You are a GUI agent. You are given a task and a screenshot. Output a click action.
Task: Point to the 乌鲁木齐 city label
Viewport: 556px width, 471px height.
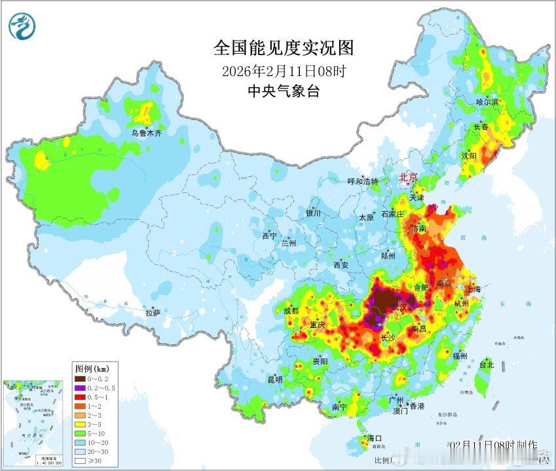145,133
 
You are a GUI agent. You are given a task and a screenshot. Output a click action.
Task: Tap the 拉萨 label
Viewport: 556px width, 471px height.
153,314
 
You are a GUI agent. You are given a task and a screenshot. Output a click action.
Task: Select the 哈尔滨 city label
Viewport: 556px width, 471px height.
487,102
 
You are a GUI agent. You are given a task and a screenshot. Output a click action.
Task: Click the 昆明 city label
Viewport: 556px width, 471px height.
274,379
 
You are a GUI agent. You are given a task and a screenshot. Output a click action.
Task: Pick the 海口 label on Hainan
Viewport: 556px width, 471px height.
373,438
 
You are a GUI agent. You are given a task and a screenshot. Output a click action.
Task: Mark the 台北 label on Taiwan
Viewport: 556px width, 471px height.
486,365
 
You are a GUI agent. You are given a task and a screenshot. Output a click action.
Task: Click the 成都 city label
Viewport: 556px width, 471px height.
291,310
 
